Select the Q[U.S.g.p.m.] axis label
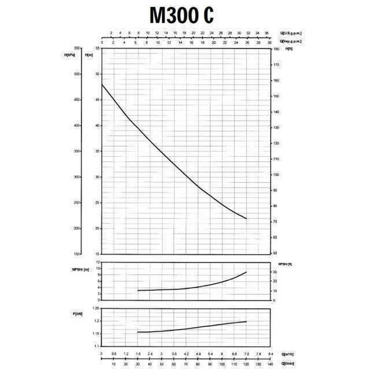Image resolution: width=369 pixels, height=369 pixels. pyautogui.click(x=291, y=33)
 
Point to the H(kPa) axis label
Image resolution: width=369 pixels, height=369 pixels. pyautogui.click(x=69, y=55)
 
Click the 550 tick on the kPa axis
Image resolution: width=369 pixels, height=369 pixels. pyautogui.click(x=77, y=48)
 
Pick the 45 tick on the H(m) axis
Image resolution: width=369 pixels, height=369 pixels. pyautogui.click(x=97, y=100)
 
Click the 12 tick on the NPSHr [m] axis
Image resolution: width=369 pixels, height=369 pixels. pyautogui.click(x=98, y=262)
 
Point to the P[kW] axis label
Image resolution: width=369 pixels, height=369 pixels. pyautogui.click(x=78, y=314)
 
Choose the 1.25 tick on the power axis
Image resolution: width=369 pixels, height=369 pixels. pyautogui.click(x=96, y=308)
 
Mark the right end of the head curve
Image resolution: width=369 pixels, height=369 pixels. pyautogui.click(x=246, y=219)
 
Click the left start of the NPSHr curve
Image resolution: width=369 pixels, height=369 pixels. pyautogui.click(x=138, y=290)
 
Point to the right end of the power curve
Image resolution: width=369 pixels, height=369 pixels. pyautogui.click(x=246, y=322)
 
